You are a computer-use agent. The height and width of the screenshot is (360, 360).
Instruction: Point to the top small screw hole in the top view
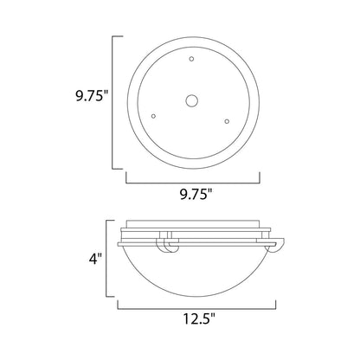click(191, 59)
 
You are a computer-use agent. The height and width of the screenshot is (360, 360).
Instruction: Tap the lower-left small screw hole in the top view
click(153, 115)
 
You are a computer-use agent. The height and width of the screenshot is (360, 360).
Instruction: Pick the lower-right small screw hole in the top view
click(227, 122)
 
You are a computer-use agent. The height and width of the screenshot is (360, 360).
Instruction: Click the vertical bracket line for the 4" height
click(107, 261)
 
